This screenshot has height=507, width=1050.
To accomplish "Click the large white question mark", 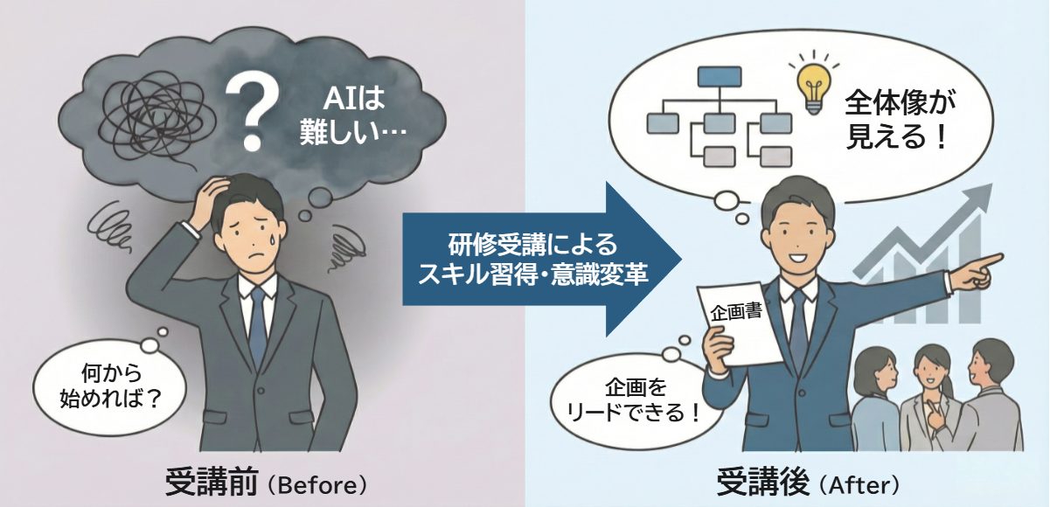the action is click(x=253, y=109).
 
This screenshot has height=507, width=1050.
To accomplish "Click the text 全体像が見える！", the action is click(x=896, y=122).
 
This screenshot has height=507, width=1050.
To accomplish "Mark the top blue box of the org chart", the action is click(x=718, y=79).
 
